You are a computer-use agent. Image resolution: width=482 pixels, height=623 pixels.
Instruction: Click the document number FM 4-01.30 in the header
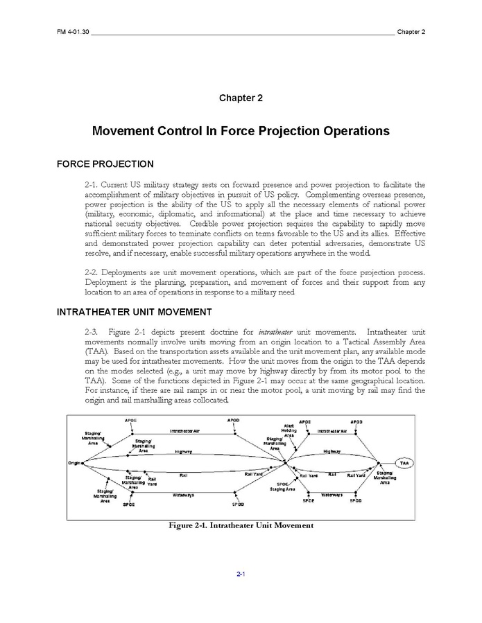point(72,32)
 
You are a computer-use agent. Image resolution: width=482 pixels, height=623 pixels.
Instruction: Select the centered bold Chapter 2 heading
point(241,98)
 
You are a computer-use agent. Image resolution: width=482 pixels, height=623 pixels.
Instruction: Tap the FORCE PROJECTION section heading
point(105,164)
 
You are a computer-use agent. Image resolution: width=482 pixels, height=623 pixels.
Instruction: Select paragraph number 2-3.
point(94,332)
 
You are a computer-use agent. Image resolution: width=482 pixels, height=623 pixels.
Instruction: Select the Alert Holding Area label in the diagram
point(289,430)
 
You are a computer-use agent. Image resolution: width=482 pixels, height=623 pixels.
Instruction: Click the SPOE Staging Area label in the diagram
point(283,486)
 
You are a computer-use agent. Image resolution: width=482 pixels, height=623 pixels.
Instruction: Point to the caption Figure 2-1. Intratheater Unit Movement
point(241,525)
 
